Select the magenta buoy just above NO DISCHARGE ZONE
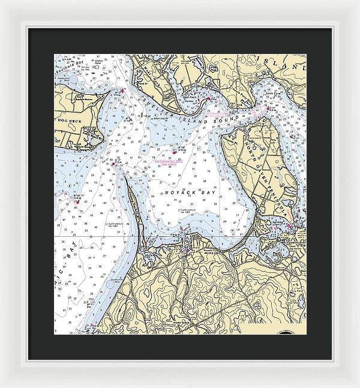(175, 152)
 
